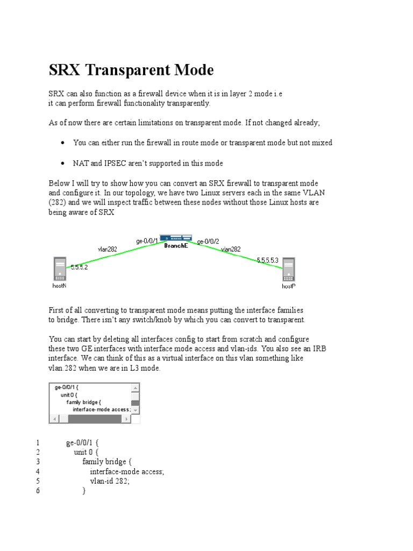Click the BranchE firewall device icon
(176, 237)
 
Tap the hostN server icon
(59, 269)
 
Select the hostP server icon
(289, 270)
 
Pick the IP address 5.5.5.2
(79, 266)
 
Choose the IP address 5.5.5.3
(267, 260)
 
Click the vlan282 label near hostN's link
(107, 249)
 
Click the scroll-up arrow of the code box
(136, 387)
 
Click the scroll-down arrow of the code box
(136, 410)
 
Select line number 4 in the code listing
(38, 471)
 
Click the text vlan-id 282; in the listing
(110, 481)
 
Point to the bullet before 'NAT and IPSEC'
(63, 163)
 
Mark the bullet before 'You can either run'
(63, 143)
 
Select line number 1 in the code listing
(38, 442)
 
